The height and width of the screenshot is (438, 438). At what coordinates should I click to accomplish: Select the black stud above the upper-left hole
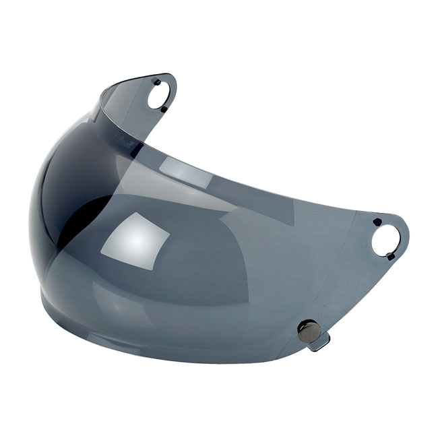click(156, 82)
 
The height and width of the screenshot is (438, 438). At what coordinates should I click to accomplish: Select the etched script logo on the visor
click(121, 137)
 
